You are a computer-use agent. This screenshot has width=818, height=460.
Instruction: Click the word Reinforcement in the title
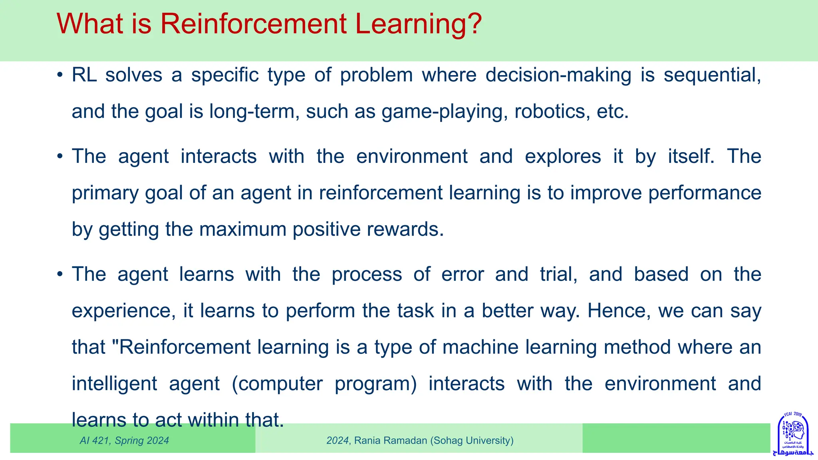[253, 24]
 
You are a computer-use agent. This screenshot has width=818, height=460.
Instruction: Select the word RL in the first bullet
[84, 75]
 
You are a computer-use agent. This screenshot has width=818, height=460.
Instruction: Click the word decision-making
[558, 75]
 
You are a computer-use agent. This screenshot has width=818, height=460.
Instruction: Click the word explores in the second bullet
[562, 157]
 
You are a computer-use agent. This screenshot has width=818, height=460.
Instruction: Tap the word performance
[705, 193]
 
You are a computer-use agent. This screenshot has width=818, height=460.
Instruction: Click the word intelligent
[114, 384]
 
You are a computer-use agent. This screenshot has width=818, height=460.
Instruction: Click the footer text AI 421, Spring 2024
[124, 441]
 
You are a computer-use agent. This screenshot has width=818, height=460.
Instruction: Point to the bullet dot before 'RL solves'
[60, 75]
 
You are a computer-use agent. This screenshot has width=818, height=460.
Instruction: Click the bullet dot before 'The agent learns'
[60, 275]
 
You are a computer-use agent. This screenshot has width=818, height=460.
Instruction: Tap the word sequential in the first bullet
[712, 75]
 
